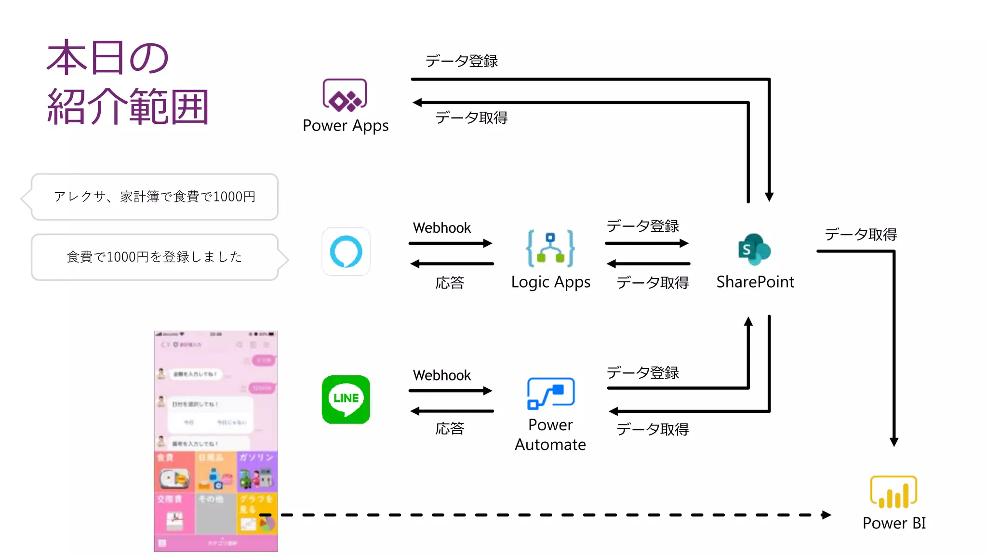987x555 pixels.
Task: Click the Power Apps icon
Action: click(345, 95)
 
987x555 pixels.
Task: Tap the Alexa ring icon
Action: click(346, 251)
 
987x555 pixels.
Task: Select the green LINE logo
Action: click(346, 399)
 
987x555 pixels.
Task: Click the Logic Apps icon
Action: click(550, 248)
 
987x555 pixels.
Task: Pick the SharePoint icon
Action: click(754, 250)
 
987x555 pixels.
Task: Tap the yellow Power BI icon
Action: click(893, 492)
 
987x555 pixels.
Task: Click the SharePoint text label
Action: click(755, 282)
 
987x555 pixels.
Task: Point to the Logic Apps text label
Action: click(550, 282)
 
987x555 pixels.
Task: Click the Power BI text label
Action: click(894, 523)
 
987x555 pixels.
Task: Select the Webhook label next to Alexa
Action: click(441, 228)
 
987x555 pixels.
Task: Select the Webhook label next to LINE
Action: click(441, 375)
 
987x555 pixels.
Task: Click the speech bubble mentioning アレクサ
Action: click(154, 197)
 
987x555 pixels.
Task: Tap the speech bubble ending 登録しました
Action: click(154, 257)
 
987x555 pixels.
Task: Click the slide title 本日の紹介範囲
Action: click(128, 82)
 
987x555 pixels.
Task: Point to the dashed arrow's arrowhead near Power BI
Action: click(827, 515)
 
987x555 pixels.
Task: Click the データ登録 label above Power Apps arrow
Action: click(461, 61)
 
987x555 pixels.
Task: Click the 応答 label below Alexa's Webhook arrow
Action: click(449, 283)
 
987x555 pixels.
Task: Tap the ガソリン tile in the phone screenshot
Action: click(257, 472)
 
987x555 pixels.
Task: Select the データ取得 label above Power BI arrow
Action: click(860, 235)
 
